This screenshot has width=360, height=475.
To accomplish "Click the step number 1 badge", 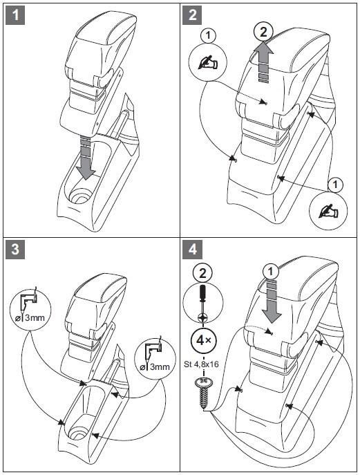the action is pyautogui.click(x=15, y=15).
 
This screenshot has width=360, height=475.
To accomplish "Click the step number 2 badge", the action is pyautogui.click(x=193, y=15).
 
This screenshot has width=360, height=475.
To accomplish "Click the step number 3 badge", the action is pyautogui.click(x=15, y=249).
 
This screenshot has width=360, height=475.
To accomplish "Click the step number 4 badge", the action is pyautogui.click(x=193, y=249).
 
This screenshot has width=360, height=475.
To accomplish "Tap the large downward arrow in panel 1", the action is pyautogui.click(x=86, y=158).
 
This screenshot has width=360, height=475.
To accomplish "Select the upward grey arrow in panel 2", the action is pyautogui.click(x=264, y=62).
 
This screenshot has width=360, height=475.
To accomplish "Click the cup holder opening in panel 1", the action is pyautogui.click(x=80, y=195).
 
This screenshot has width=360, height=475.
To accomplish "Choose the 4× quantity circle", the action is pyautogui.click(x=203, y=340).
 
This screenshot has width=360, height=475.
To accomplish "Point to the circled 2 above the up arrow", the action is pyautogui.click(x=264, y=32).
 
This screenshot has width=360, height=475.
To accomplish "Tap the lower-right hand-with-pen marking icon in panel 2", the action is pyautogui.click(x=329, y=211).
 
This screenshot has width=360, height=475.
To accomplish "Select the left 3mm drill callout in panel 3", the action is pyautogui.click(x=30, y=310).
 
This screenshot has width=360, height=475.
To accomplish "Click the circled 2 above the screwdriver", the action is pyautogui.click(x=202, y=274).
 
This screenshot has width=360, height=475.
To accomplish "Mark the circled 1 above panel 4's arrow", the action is pyautogui.click(x=271, y=272).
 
